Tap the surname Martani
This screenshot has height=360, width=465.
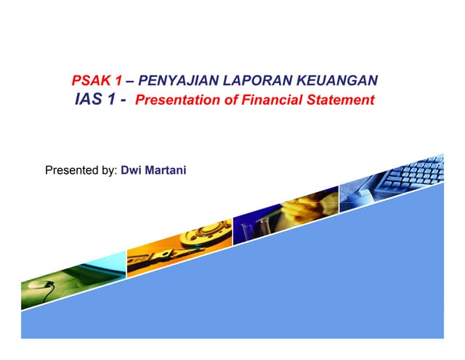[x=167, y=172]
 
